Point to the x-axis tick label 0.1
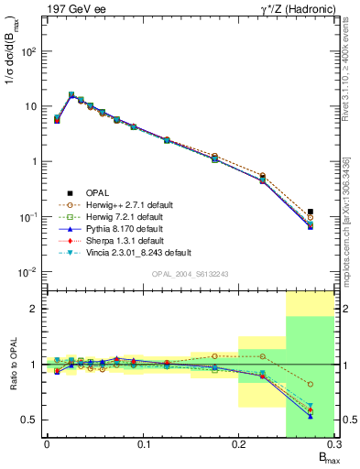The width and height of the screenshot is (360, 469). click(x=143, y=446)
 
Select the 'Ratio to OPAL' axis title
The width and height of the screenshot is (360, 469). click(x=13, y=365)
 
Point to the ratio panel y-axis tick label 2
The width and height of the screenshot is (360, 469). click(x=35, y=309)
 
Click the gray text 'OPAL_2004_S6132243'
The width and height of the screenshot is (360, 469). click(x=190, y=274)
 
